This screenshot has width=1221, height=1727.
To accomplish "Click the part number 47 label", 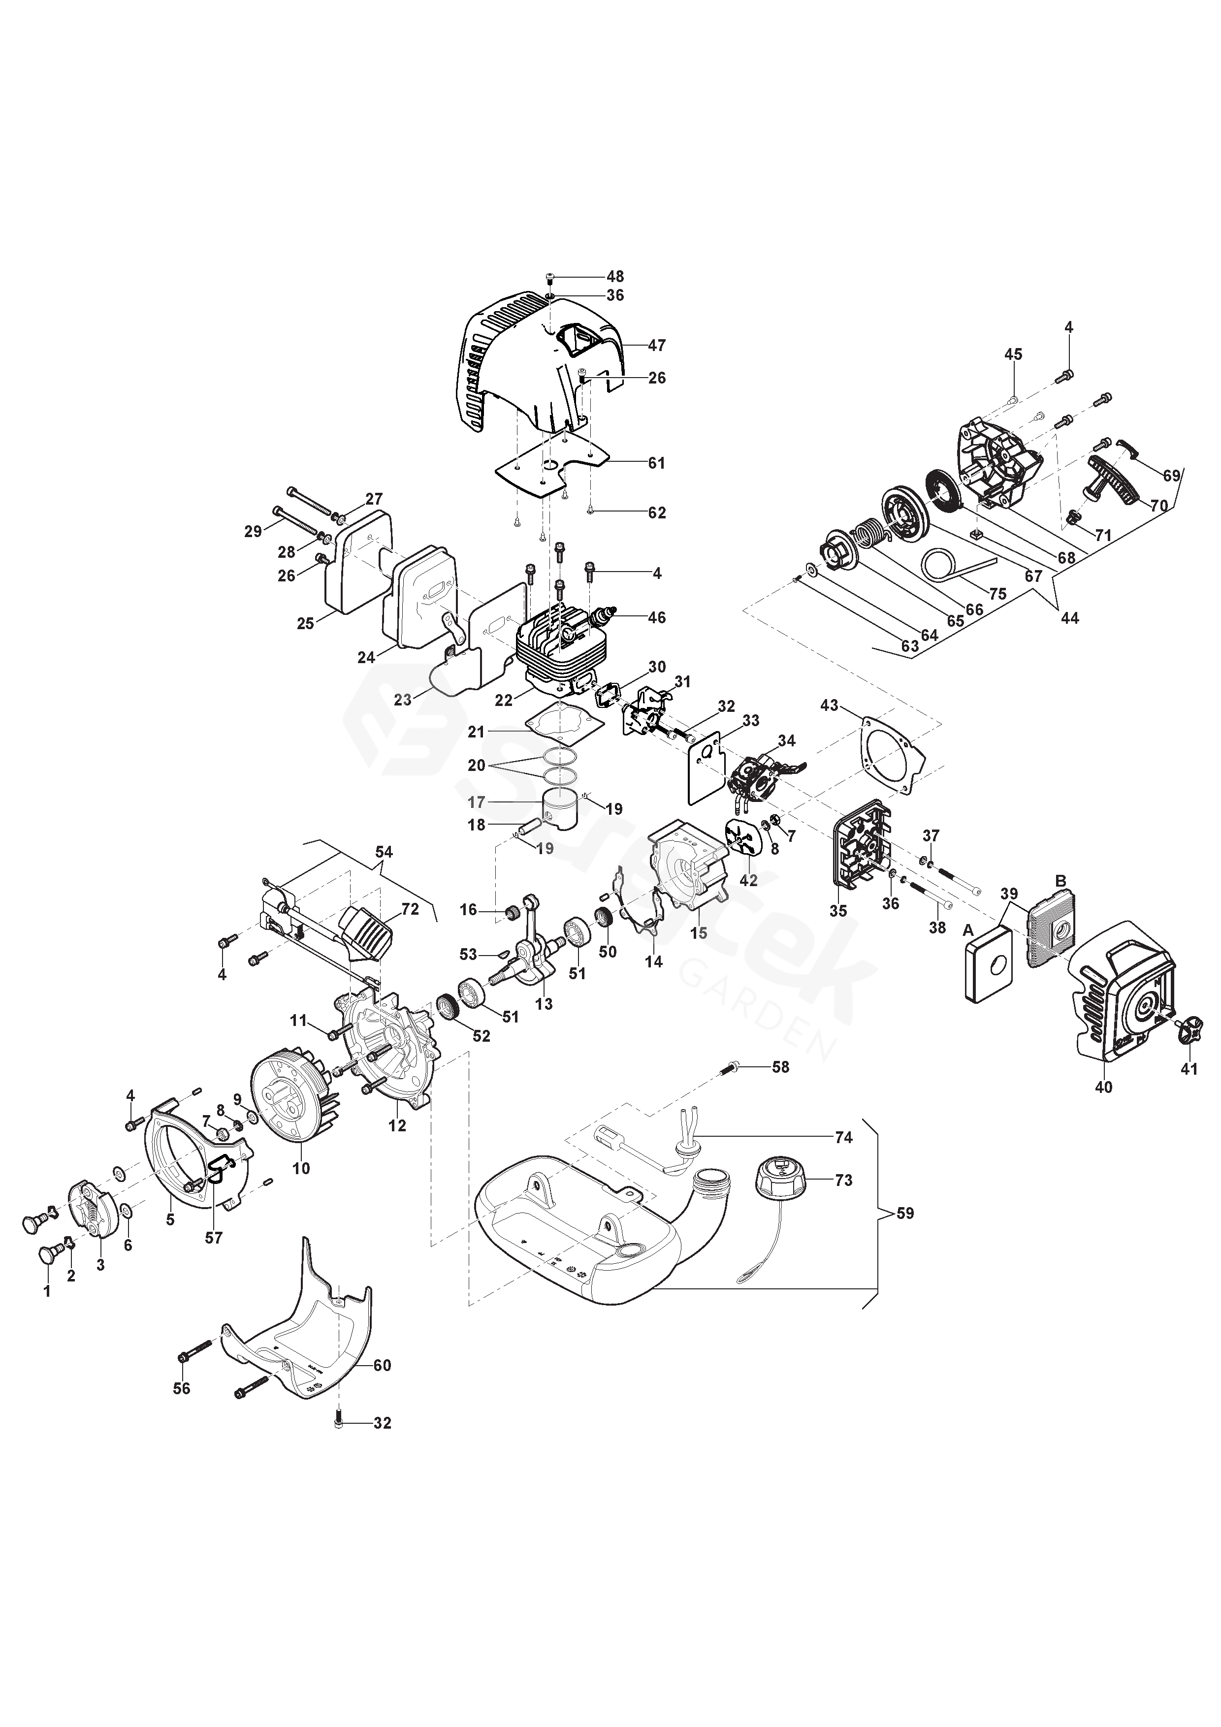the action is pyautogui.click(x=657, y=346).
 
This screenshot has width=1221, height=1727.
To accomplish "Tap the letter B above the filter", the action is pyautogui.click(x=1061, y=881).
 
